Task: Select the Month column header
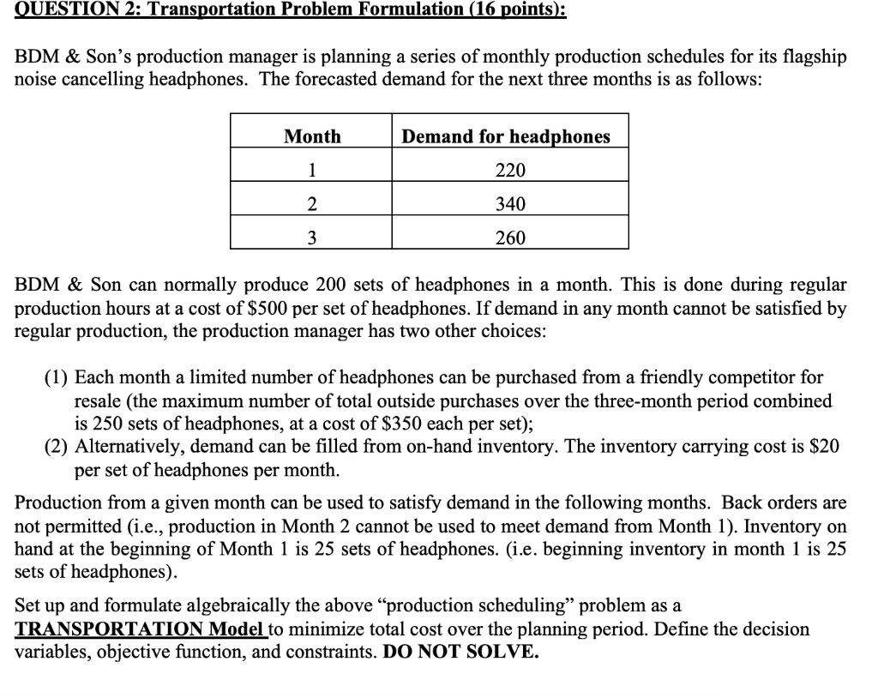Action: click(312, 136)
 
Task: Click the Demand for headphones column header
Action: click(506, 136)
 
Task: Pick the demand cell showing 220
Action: click(510, 170)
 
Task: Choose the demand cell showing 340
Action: click(510, 204)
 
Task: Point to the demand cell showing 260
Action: click(510, 238)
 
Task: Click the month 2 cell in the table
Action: click(312, 204)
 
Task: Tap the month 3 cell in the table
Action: click(312, 238)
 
